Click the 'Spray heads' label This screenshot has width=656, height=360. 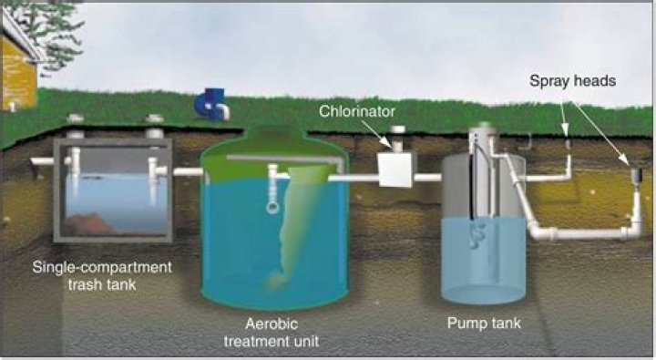(x=573, y=81)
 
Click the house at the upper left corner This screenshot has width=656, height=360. (x=16, y=64)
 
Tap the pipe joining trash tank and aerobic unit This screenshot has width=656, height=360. (x=188, y=171)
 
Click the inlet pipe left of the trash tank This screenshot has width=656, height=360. (x=42, y=161)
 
